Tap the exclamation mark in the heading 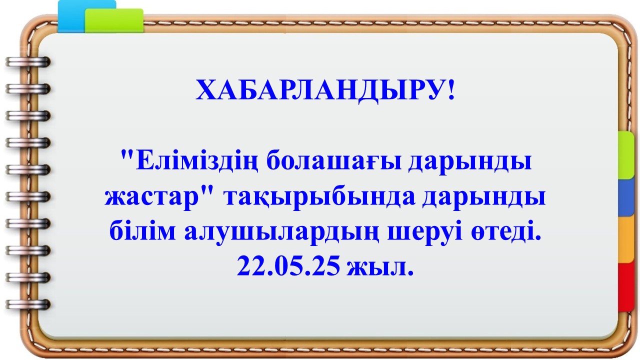click(x=451, y=89)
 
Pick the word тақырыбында click(x=319, y=199)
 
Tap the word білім click(x=142, y=231)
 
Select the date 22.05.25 click(x=288, y=266)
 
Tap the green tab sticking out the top click(x=114, y=20)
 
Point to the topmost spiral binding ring click(x=28, y=61)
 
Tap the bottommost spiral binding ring click(x=28, y=304)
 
